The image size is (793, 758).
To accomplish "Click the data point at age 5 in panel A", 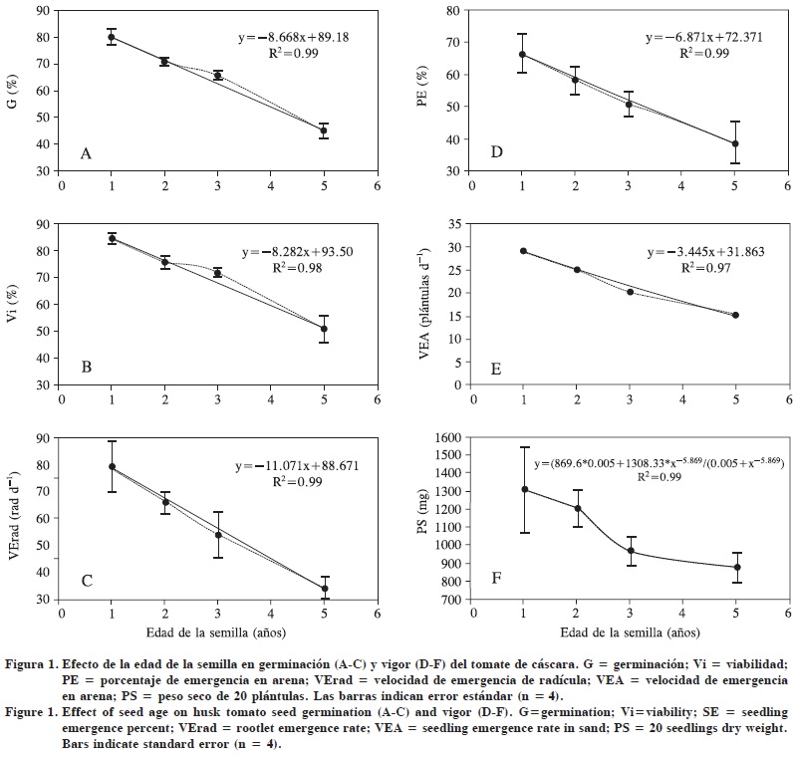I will click(x=323, y=130).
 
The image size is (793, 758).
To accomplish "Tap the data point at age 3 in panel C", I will click(x=218, y=535).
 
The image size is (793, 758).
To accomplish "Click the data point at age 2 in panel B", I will click(x=165, y=263).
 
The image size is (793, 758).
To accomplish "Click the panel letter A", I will click(x=87, y=153).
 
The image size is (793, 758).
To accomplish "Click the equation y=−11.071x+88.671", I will click(x=289, y=466).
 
